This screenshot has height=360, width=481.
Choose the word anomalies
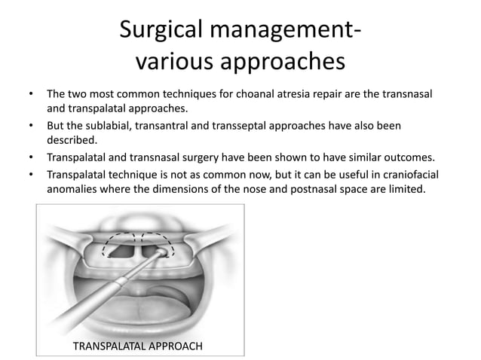coord(74,190)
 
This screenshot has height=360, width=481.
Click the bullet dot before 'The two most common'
coord(30,95)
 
